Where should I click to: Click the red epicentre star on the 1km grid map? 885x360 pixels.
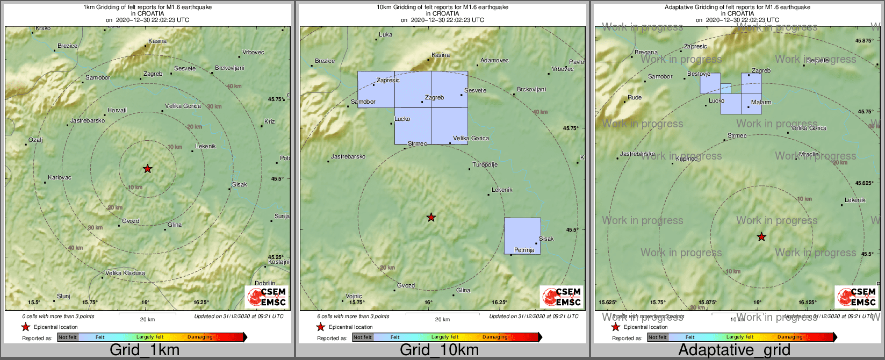tap(147, 169)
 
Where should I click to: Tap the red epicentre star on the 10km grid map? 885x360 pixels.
tap(431, 218)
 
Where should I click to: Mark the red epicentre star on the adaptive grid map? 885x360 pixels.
tap(761, 237)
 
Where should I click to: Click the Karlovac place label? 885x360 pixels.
tap(59, 177)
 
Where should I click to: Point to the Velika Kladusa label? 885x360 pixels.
tap(125, 273)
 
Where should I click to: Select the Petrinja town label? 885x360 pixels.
tap(524, 250)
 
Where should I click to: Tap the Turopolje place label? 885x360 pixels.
tap(485, 165)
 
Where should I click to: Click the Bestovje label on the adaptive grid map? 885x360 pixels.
tap(699, 74)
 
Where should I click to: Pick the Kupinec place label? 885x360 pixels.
tap(686, 159)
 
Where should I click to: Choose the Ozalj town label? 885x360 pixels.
tap(35, 140)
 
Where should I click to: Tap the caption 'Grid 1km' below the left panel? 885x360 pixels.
tap(145, 350)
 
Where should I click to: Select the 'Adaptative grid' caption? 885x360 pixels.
tap(734, 350)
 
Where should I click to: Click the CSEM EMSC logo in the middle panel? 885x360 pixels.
tap(562, 297)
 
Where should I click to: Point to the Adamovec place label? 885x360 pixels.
tap(494, 61)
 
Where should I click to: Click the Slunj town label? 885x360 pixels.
tap(63, 296)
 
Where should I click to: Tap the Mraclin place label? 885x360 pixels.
tap(808, 155)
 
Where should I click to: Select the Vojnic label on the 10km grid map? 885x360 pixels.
tap(354, 296)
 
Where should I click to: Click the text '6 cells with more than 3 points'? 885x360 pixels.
tap(353, 316)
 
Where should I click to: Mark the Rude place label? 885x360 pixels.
tap(635, 98)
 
